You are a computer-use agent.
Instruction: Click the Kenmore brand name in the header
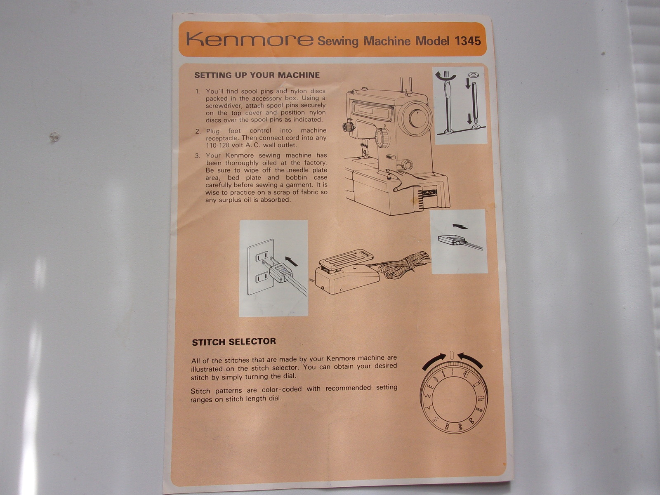coord(250,39)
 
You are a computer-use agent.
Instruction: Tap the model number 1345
coord(467,41)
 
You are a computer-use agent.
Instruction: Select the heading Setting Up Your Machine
coord(257,75)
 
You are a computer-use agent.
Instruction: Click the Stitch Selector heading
coord(234,342)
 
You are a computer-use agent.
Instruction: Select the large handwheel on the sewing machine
coord(417,118)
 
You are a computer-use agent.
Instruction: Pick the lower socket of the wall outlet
coord(262,277)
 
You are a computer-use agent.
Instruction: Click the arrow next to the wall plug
coord(291,261)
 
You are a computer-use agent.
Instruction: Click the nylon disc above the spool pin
coord(473,75)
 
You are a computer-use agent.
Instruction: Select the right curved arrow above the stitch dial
coord(470,361)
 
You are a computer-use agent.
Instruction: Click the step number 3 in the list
coord(198,156)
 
